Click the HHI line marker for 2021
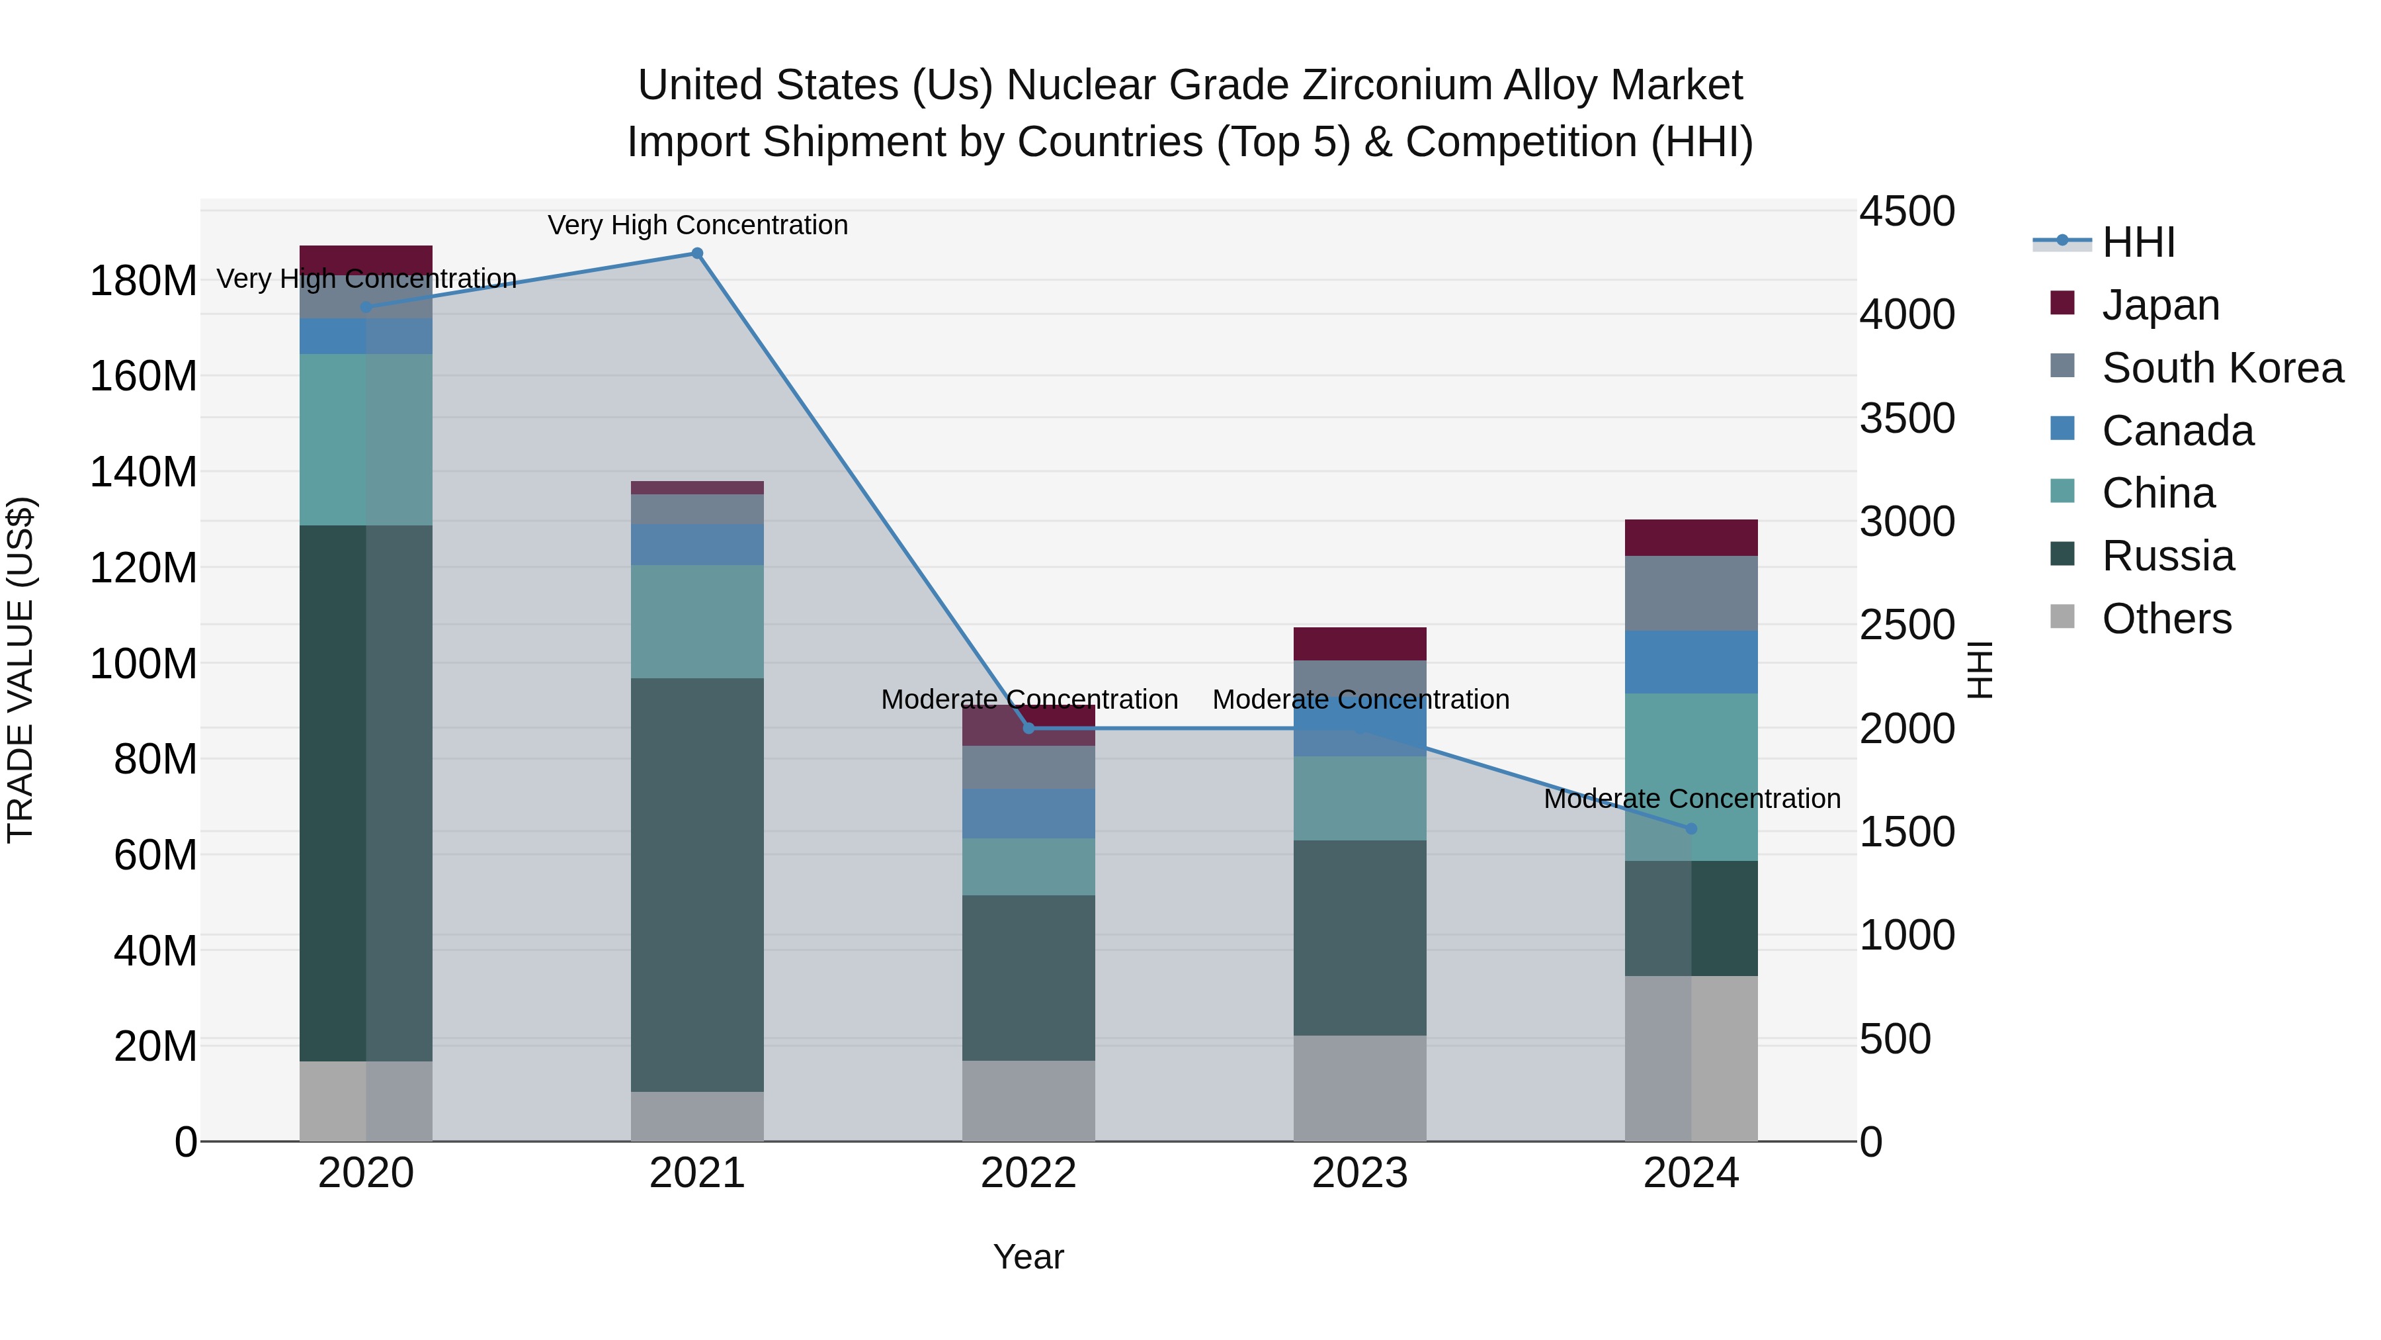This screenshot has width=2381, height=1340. pyautogui.click(x=697, y=253)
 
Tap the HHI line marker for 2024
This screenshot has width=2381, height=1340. pyautogui.click(x=1691, y=828)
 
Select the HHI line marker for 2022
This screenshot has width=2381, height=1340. pyautogui.click(x=1028, y=728)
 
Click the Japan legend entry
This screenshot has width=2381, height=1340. pyautogui.click(x=2160, y=304)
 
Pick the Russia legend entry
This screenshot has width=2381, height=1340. pyautogui.click(x=2167, y=556)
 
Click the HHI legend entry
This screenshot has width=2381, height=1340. pyautogui.click(x=2138, y=242)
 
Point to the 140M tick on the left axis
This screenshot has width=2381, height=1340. pyautogui.click(x=144, y=472)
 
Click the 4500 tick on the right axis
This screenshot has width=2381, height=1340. pyautogui.click(x=1907, y=211)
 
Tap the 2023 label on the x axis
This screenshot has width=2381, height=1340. pyautogui.click(x=1360, y=1173)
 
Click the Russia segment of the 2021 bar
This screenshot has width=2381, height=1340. pyautogui.click(x=697, y=884)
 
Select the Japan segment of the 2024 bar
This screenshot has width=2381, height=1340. pyautogui.click(x=1691, y=537)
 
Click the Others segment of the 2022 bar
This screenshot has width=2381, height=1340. pyautogui.click(x=1028, y=1100)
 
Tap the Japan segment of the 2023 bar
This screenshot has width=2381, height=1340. pyautogui.click(x=1360, y=644)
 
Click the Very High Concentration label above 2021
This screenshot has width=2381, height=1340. pyautogui.click(x=697, y=225)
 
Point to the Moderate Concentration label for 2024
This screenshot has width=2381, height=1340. pyautogui.click(x=1691, y=798)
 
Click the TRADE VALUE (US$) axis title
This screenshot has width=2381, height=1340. pyautogui.click(x=21, y=668)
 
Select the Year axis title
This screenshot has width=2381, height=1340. pyautogui.click(x=1028, y=1257)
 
